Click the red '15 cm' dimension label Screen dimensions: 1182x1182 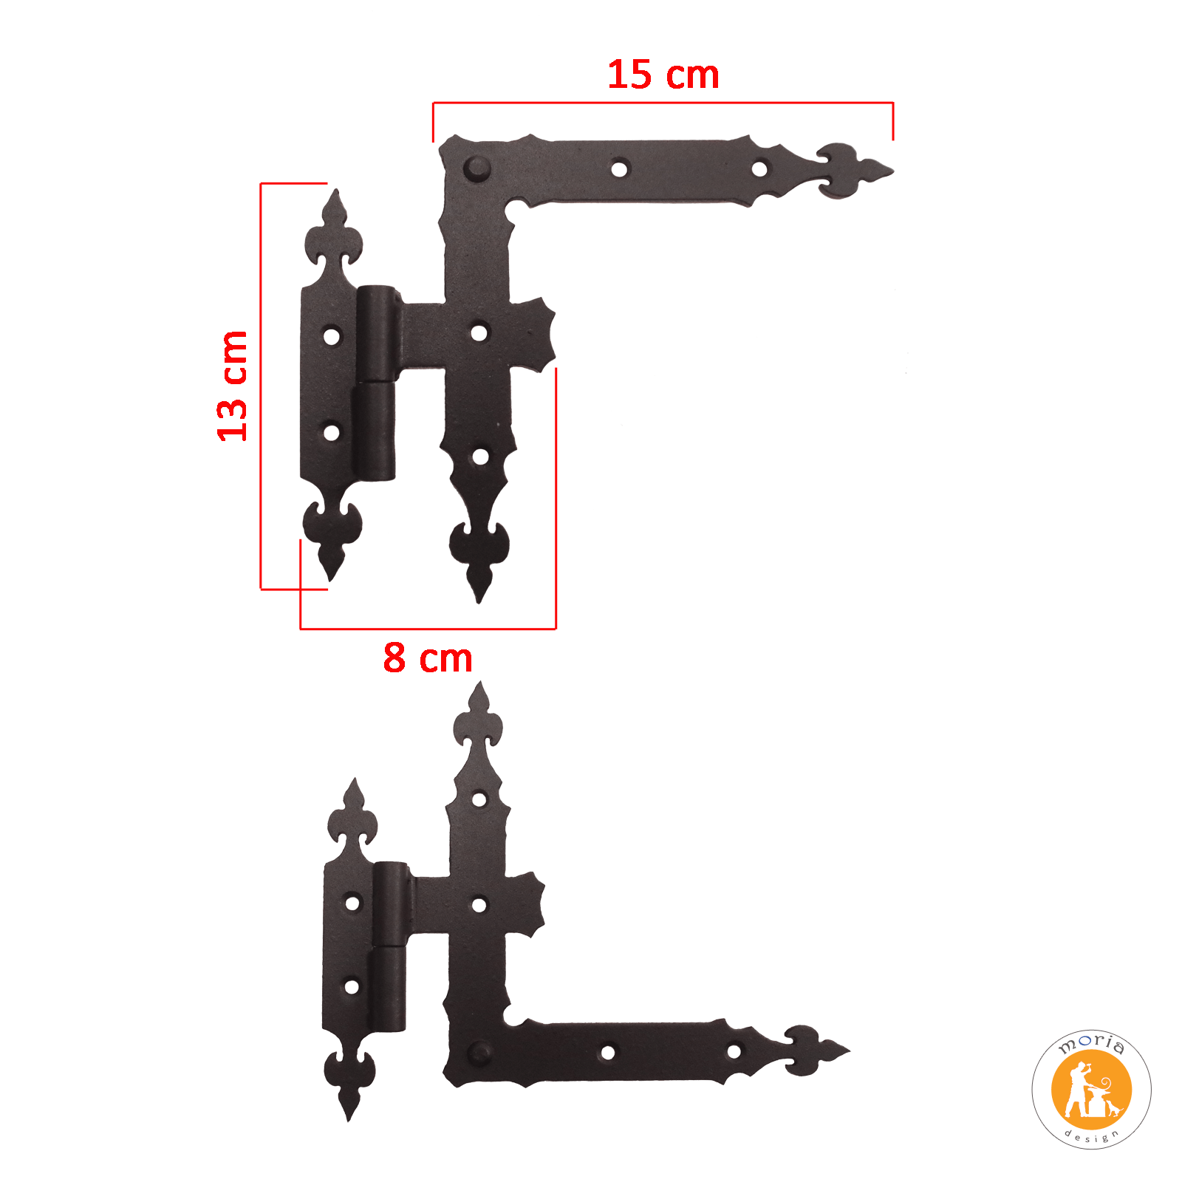click(663, 75)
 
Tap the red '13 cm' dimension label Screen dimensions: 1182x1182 click(232, 386)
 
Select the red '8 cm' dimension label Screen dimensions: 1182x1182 click(428, 657)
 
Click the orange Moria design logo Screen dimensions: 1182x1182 click(1091, 1090)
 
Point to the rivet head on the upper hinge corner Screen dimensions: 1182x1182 click(476, 169)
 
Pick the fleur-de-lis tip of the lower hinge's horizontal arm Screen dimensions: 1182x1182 click(816, 1050)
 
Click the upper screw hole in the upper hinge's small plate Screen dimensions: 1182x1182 click(332, 337)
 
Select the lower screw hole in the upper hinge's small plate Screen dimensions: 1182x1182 click(332, 432)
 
